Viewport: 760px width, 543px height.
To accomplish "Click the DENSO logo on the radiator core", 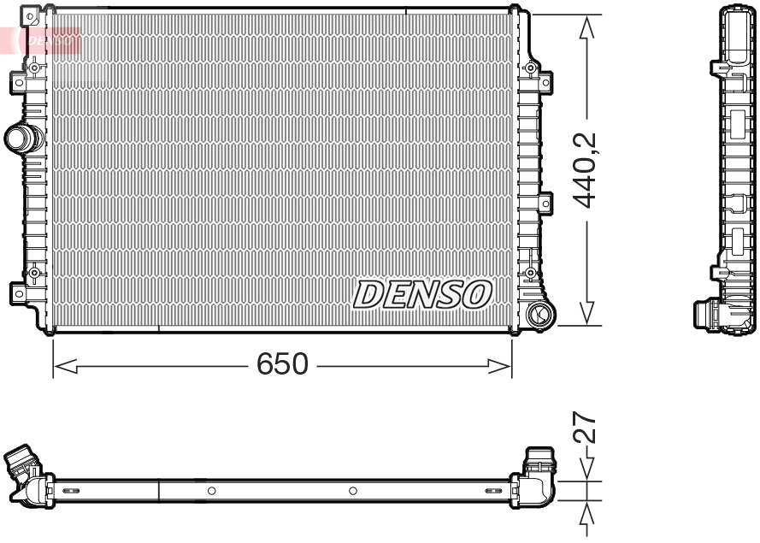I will pyautogui.click(x=422, y=294).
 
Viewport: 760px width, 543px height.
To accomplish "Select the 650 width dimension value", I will pyautogui.click(x=282, y=365).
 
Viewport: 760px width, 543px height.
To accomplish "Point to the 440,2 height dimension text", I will pyautogui.click(x=586, y=171).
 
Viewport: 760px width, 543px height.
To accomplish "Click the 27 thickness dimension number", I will pyautogui.click(x=585, y=428).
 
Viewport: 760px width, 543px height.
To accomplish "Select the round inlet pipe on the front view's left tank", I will pyautogui.click(x=19, y=138).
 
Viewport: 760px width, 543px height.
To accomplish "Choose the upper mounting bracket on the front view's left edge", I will pyautogui.click(x=18, y=82).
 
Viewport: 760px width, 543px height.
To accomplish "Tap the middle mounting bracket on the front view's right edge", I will pyautogui.click(x=545, y=203).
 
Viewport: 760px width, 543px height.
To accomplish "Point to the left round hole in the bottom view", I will pyautogui.click(x=211, y=491).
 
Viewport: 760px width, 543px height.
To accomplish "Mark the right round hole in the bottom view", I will pyautogui.click(x=352, y=491).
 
